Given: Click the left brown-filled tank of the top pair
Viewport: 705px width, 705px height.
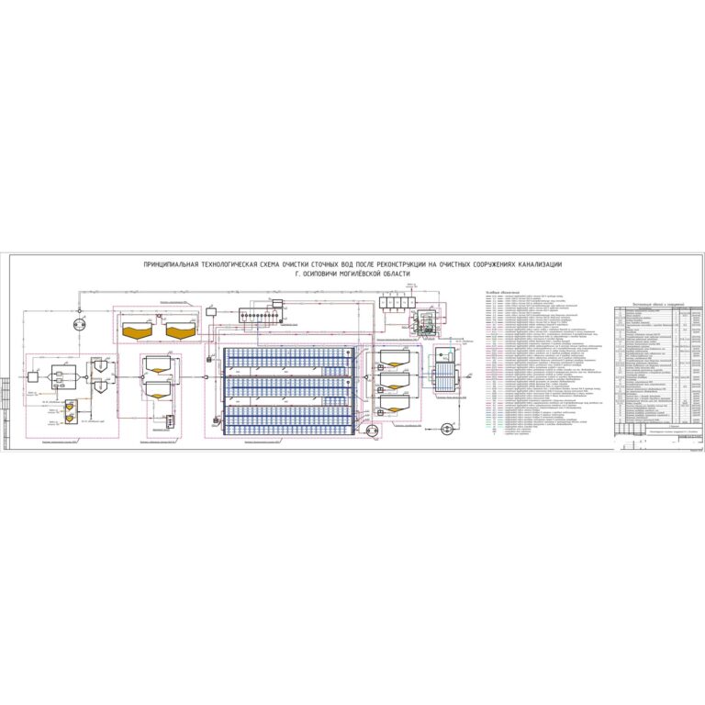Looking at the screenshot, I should coord(139,327).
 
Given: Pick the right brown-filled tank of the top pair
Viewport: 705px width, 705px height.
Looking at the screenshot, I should coord(183,327).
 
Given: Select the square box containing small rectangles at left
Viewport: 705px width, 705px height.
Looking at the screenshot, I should coord(62,375).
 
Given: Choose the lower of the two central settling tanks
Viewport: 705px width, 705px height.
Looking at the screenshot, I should coord(159,391).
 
